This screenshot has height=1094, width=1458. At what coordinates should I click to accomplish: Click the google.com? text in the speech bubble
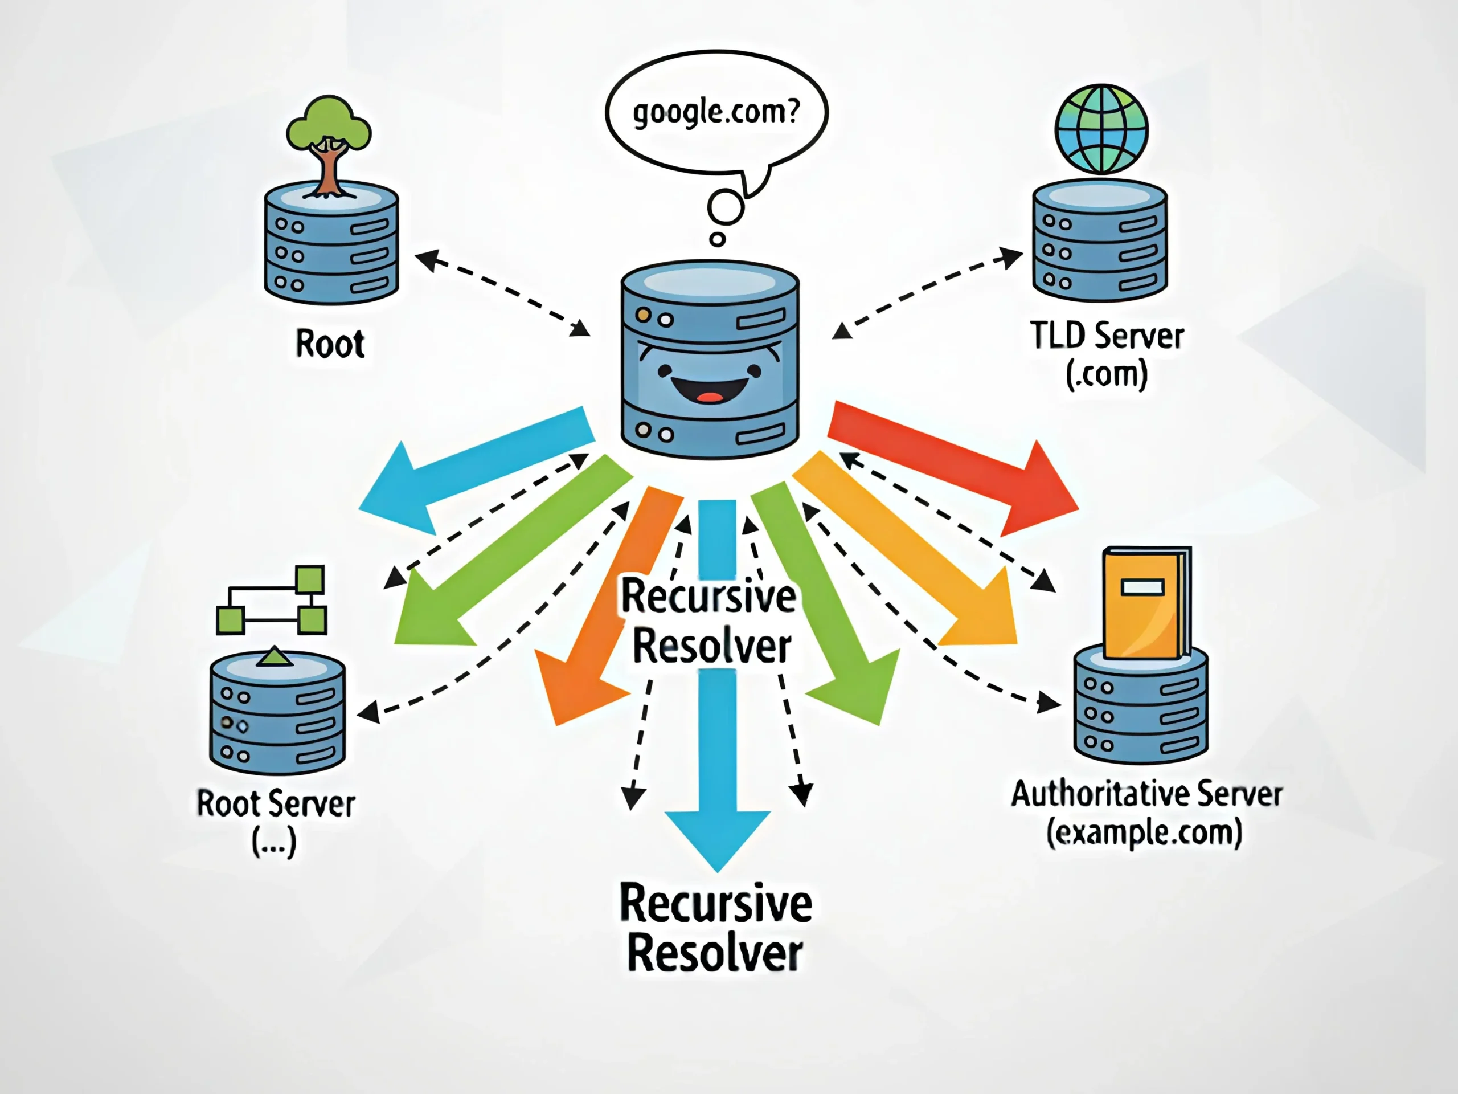click(716, 112)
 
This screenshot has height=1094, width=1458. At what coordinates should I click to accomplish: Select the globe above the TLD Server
click(1101, 129)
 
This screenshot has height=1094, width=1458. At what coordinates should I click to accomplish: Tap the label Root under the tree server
click(330, 344)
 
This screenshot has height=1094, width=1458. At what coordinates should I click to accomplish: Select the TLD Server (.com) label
click(1107, 354)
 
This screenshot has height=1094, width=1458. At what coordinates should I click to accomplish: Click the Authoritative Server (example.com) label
click(1146, 813)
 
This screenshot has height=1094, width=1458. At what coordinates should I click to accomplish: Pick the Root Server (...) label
click(276, 822)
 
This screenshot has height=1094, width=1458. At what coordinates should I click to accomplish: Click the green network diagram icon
click(272, 599)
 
